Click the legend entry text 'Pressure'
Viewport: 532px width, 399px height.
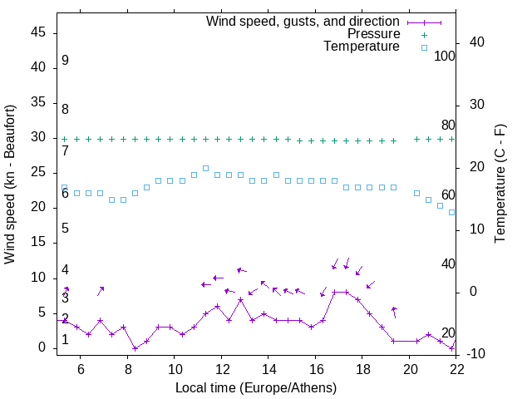coord(374,34)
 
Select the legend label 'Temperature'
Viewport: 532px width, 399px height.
coord(362,47)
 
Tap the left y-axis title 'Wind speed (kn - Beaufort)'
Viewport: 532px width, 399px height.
coord(10,185)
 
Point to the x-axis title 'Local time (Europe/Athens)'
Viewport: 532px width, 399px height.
coord(256,387)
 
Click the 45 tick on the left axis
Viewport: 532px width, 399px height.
coord(38,32)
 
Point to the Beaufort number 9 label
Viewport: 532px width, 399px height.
coord(65,61)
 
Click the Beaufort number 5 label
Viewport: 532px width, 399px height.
coord(65,229)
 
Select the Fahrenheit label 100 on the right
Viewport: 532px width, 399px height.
coord(446,56)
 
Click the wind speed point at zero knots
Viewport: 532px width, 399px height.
coord(135,348)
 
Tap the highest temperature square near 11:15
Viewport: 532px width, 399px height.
coord(205,168)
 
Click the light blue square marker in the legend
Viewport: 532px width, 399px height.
coord(424,47)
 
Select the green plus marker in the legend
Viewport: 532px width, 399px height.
coord(424,35)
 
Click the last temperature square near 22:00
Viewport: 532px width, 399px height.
coord(452,212)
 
